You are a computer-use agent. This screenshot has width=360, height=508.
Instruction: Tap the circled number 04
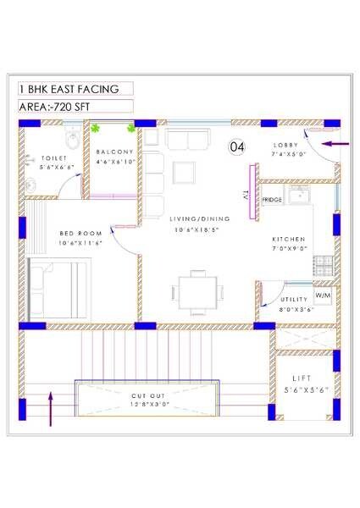pyautogui.click(x=237, y=146)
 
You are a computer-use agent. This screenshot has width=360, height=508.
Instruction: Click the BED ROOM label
pyautogui.click(x=80, y=233)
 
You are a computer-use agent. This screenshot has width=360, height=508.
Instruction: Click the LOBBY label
pyautogui.click(x=286, y=145)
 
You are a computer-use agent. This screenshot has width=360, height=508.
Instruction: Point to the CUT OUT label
pyautogui.click(x=148, y=395)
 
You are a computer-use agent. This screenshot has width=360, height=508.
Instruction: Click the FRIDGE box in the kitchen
pyautogui.click(x=272, y=199)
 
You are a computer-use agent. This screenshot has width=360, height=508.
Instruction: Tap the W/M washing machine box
pyautogui.click(x=323, y=296)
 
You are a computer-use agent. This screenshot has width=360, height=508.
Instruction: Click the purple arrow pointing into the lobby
pyautogui.click(x=335, y=145)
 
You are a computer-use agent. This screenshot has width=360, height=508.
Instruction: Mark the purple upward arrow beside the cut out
pyautogui.click(x=52, y=407)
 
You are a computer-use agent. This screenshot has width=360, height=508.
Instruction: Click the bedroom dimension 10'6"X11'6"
pyautogui.click(x=80, y=243)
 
